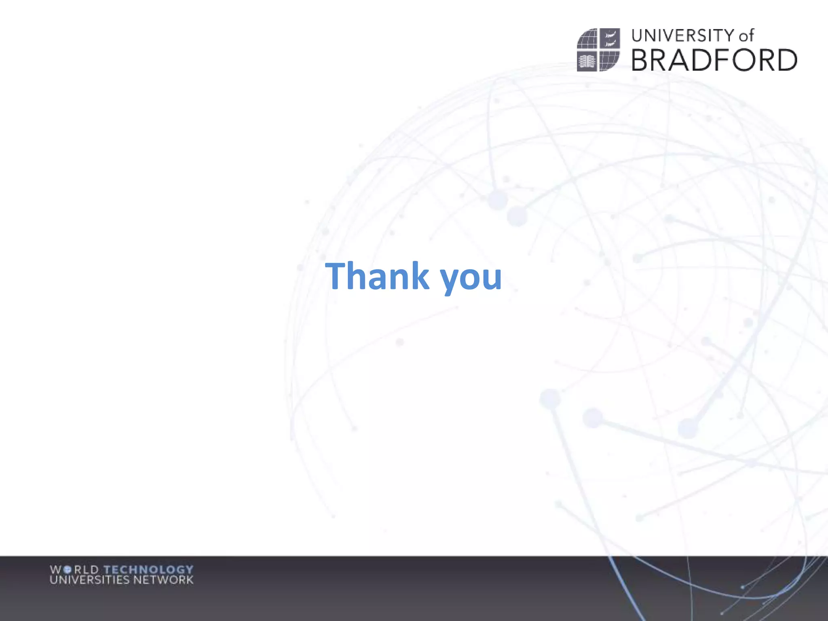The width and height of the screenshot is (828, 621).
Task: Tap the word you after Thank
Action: (x=471, y=279)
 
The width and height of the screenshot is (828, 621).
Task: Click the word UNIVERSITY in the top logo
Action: (x=683, y=36)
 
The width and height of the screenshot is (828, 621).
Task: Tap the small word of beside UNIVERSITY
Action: (x=746, y=36)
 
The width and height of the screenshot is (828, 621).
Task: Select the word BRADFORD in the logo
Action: (x=714, y=60)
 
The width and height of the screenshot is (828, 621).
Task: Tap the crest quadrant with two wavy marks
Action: (x=610, y=38)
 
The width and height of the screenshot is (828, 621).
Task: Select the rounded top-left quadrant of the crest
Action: (x=587, y=39)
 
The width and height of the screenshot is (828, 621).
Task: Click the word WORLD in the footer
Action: (x=74, y=570)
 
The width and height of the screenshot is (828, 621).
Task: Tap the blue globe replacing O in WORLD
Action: (x=68, y=570)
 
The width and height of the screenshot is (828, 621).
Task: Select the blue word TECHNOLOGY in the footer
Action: (x=148, y=570)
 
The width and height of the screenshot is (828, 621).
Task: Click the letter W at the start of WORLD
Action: (x=56, y=570)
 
